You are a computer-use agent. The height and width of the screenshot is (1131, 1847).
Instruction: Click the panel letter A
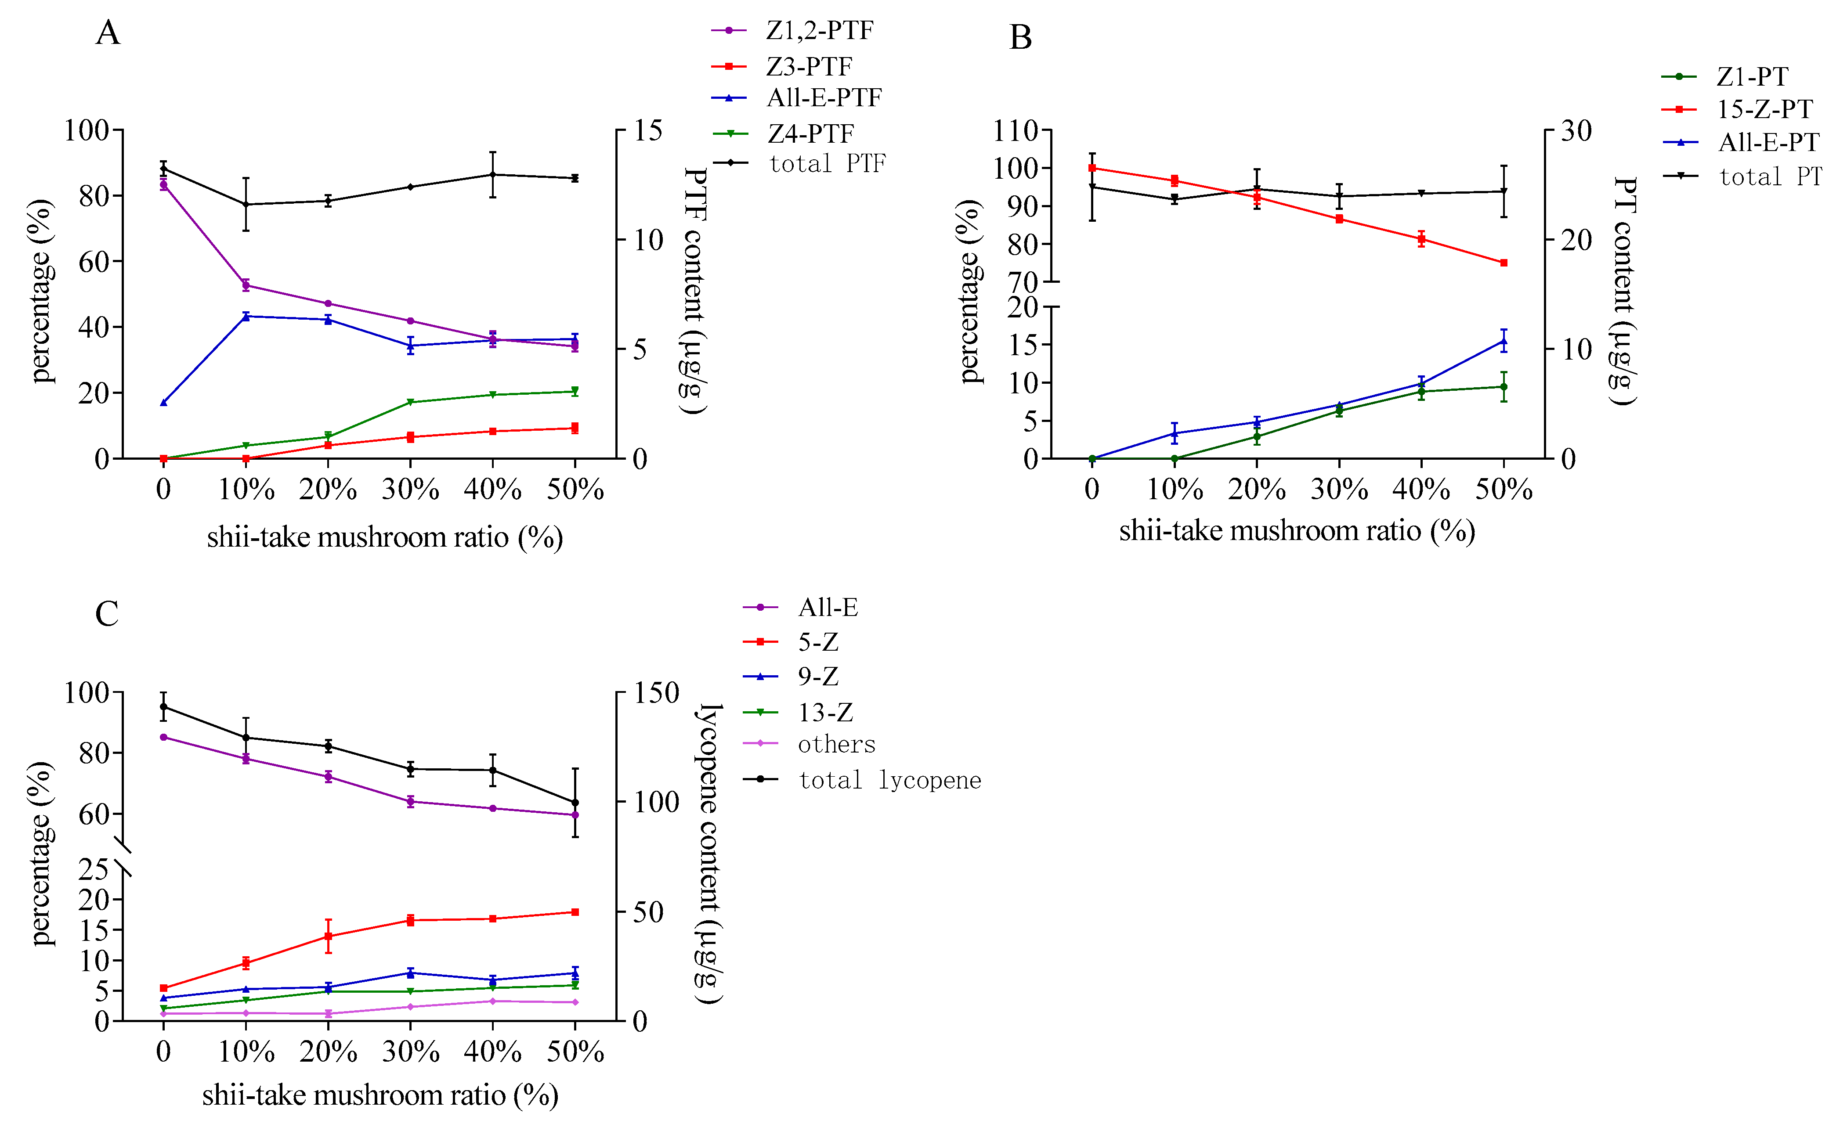(x=108, y=33)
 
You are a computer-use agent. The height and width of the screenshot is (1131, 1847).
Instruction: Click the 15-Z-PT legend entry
(x=1764, y=109)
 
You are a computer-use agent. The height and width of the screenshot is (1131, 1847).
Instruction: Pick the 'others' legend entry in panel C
(x=837, y=744)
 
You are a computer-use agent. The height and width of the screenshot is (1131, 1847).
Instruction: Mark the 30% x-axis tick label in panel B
(x=1339, y=490)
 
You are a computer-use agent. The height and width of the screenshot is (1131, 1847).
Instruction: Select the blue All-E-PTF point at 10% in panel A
(x=246, y=316)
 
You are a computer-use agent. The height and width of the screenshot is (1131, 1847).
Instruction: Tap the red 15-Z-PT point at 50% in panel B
(x=1504, y=263)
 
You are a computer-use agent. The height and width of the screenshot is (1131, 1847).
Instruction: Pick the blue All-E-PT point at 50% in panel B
(x=1504, y=341)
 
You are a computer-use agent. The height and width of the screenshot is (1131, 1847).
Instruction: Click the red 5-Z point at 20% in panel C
(x=328, y=936)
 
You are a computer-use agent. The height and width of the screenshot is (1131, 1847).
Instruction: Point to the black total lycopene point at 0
(x=163, y=707)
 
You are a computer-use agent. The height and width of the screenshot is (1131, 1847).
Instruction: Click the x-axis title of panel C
(x=380, y=1095)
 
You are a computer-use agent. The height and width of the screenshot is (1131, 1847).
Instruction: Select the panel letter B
(x=1020, y=37)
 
